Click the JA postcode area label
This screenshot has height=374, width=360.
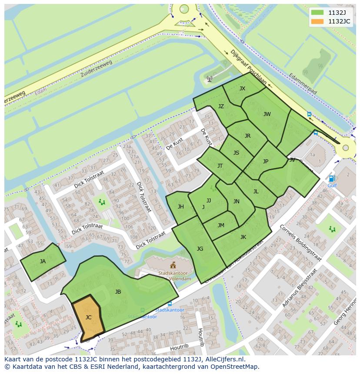pyautogui.click(x=43, y=261)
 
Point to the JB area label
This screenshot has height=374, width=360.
pyautogui.click(x=118, y=292)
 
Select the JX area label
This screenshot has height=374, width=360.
pyautogui.click(x=242, y=89)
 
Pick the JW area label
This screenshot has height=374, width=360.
pyautogui.click(x=267, y=114)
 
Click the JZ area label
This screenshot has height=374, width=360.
pyautogui.click(x=221, y=106)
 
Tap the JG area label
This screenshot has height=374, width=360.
pyautogui.click(x=200, y=249)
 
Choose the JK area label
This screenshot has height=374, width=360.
pyautogui.click(x=243, y=237)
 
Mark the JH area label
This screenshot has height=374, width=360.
pyautogui.click(x=180, y=207)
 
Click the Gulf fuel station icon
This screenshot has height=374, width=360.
pyautogui.click(x=332, y=179)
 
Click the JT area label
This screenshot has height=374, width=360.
pyautogui.click(x=220, y=166)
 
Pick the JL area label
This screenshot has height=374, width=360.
pyautogui.click(x=256, y=192)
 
